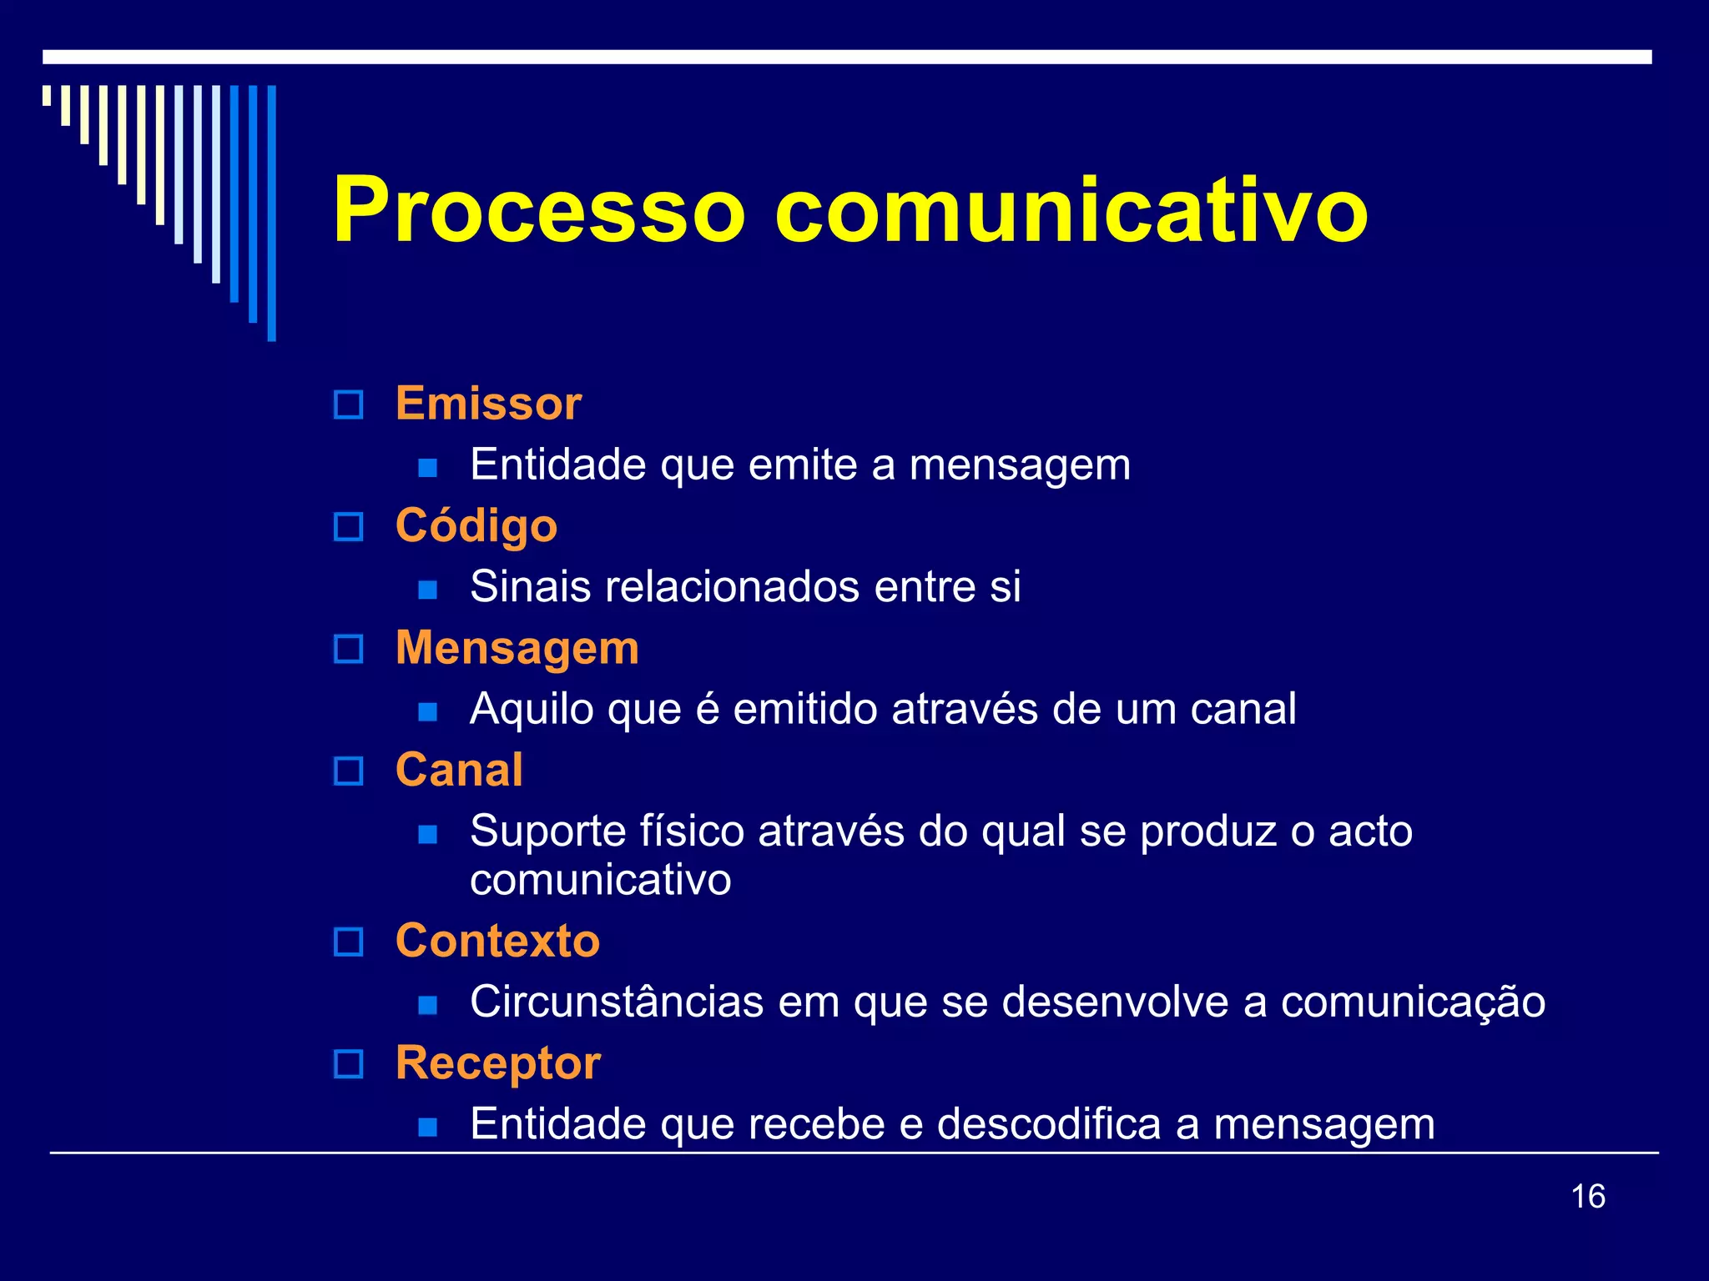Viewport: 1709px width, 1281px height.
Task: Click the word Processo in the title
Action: (x=539, y=211)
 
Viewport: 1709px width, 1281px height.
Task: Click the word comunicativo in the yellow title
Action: (x=1071, y=211)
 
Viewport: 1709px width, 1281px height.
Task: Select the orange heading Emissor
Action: (x=488, y=404)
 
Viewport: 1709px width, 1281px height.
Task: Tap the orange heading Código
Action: (x=476, y=526)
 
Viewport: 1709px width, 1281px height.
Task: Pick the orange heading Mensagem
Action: (x=517, y=648)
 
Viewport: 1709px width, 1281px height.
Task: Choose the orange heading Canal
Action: (x=459, y=770)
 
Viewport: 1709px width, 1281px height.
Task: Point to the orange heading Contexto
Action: (x=498, y=942)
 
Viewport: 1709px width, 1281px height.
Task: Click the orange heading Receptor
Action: (x=498, y=1063)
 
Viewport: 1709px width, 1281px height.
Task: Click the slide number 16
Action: (x=1588, y=1197)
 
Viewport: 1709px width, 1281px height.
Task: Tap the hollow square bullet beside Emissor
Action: (x=348, y=405)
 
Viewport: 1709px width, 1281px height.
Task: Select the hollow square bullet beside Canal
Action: (x=348, y=771)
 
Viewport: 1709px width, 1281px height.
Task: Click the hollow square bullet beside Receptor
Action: (x=348, y=1065)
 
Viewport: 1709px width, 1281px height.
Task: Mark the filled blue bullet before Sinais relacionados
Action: (x=428, y=590)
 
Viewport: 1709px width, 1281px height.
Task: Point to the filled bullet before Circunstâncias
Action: (x=428, y=1005)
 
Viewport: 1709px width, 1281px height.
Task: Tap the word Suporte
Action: (x=547, y=831)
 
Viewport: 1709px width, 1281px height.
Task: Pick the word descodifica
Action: (x=1049, y=1123)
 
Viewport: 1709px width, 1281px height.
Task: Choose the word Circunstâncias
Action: (x=617, y=1002)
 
